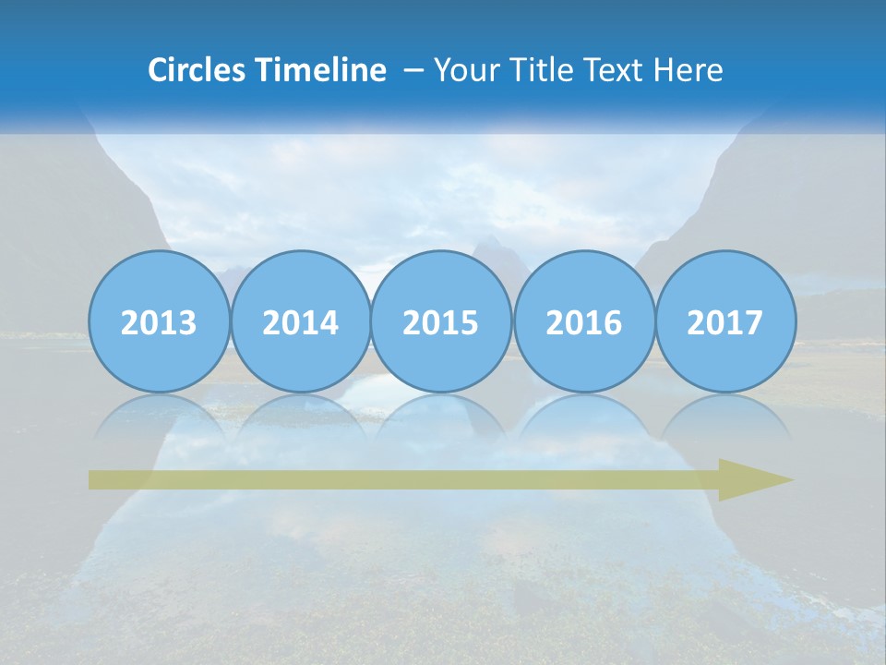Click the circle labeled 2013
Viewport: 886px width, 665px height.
tap(159, 321)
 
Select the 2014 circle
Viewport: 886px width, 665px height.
tap(300, 321)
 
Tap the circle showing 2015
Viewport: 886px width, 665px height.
tap(441, 321)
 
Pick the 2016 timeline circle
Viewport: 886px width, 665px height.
tap(583, 321)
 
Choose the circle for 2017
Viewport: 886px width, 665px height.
tap(725, 321)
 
